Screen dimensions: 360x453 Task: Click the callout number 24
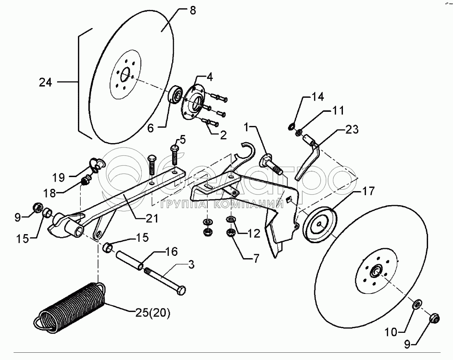click(45, 83)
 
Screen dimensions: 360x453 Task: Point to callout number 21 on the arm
click(152, 219)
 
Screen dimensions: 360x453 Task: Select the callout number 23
click(351, 130)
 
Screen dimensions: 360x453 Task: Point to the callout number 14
click(317, 96)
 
